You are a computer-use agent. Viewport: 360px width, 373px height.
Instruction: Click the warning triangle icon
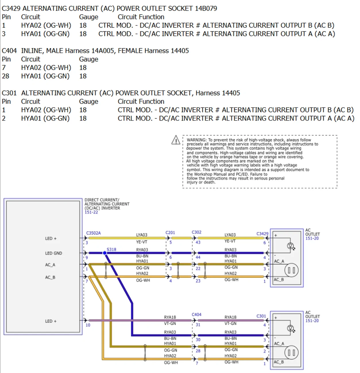pyautogui.click(x=176, y=140)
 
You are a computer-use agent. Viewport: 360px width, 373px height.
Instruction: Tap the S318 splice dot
pyautogui.click(x=105, y=253)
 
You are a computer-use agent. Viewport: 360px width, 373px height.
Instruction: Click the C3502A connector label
pyautogui.click(x=93, y=233)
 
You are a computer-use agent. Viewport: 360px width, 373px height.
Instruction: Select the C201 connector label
pyautogui.click(x=170, y=232)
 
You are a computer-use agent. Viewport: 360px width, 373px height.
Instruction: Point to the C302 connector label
pyautogui.click(x=197, y=232)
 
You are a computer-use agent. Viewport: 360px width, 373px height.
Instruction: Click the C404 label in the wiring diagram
pyautogui.click(x=197, y=314)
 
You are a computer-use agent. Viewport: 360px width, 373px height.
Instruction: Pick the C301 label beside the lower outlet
pyautogui.click(x=261, y=316)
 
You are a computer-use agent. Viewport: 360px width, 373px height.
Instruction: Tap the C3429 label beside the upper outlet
pyautogui.click(x=262, y=234)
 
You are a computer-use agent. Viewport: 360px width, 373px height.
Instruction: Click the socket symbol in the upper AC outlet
pyautogui.click(x=291, y=270)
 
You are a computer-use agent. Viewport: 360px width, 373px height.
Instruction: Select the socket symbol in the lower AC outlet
pyautogui.click(x=291, y=353)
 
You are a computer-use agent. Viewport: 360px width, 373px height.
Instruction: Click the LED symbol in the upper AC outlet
pyautogui.click(x=291, y=246)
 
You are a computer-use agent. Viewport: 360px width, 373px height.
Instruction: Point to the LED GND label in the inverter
pyautogui.click(x=53, y=253)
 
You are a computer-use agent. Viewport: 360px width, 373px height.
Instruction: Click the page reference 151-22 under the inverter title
pyautogui.click(x=91, y=212)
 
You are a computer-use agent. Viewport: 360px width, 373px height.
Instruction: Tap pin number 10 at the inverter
pyautogui.click(x=88, y=325)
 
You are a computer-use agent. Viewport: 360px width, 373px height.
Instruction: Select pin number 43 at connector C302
pyautogui.click(x=198, y=242)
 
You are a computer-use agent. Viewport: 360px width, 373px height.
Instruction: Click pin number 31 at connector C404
pyautogui.click(x=198, y=325)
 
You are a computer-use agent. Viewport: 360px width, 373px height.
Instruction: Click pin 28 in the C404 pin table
pyautogui.click(x=5, y=76)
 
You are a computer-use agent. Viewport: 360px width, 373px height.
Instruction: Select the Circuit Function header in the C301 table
pyautogui.click(x=141, y=101)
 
